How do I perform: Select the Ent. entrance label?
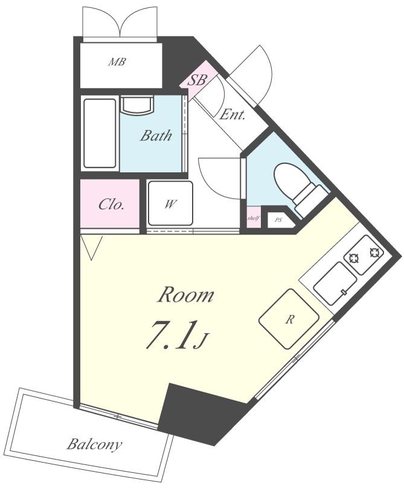click(x=232, y=114)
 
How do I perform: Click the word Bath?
click(x=156, y=135)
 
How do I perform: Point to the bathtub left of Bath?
click(x=100, y=133)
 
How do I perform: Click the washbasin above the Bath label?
click(x=138, y=105)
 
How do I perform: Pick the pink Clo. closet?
click(x=111, y=204)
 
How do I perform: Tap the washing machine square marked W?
click(x=170, y=204)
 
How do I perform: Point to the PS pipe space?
click(x=278, y=220)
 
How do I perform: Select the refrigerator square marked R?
click(x=289, y=319)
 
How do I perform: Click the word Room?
click(x=185, y=295)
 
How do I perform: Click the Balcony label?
click(x=94, y=445)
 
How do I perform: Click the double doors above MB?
click(x=121, y=23)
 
